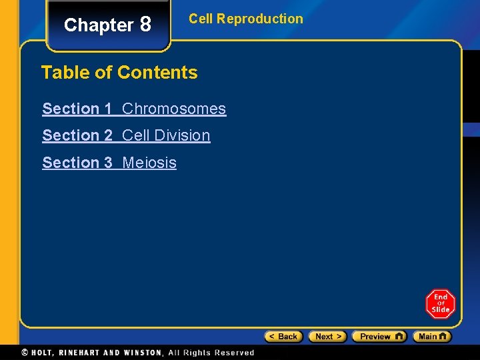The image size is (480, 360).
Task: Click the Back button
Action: click(284, 337)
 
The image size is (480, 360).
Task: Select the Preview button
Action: click(379, 337)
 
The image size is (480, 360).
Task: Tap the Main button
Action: click(431, 337)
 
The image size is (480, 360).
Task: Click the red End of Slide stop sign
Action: click(440, 304)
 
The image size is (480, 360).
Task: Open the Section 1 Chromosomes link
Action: click(134, 109)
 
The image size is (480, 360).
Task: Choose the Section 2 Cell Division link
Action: click(126, 135)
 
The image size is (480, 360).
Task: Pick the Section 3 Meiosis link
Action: click(109, 163)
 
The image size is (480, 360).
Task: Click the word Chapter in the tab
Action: click(99, 25)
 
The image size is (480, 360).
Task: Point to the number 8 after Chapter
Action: click(145, 25)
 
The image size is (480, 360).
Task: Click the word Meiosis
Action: click(149, 163)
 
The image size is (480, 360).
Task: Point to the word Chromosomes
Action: click(174, 109)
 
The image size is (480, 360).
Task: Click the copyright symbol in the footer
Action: click(25, 353)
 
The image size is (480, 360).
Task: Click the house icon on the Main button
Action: click(443, 336)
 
